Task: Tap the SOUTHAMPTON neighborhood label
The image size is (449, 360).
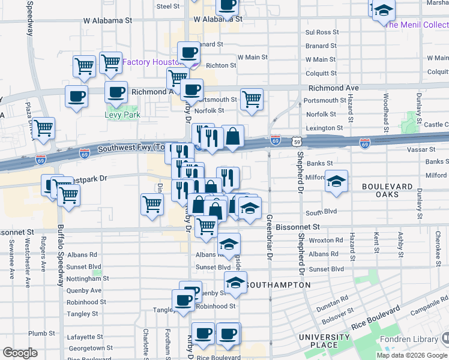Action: click(279, 284)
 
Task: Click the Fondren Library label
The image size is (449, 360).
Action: click(420, 340)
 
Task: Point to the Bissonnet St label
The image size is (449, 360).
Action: click(299, 227)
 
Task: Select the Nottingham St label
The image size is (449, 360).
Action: click(88, 278)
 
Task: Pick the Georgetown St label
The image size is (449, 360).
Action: click(91, 348)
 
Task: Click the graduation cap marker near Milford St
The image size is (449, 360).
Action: click(337, 181)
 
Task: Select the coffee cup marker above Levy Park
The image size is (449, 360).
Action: click(116, 93)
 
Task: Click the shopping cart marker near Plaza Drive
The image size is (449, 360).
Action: click(44, 128)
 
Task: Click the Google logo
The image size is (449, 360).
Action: click(20, 353)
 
